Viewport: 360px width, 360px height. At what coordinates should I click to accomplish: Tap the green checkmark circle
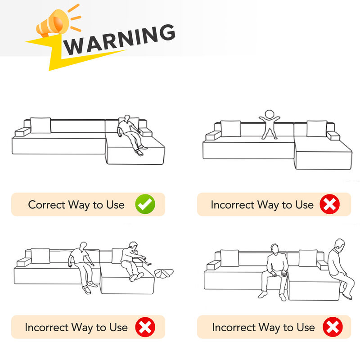[145, 204]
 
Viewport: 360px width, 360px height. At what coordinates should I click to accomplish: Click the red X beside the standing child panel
[330, 204]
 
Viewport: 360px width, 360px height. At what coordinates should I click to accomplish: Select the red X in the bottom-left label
[145, 327]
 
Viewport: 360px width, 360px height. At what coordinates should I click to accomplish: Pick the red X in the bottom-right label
[333, 327]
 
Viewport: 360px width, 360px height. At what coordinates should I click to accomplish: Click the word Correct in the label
[47, 205]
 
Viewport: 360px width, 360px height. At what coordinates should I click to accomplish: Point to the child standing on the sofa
[269, 125]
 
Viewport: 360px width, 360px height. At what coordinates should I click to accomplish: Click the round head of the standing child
[269, 114]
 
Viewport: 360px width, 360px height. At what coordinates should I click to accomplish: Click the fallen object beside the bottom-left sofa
[163, 273]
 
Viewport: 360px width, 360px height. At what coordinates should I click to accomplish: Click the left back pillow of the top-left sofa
[40, 125]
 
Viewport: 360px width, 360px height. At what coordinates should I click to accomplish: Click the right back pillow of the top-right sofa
[317, 129]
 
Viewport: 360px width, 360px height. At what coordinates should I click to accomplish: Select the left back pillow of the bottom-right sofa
[229, 258]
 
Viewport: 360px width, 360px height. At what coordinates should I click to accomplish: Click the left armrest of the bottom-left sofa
[24, 262]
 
